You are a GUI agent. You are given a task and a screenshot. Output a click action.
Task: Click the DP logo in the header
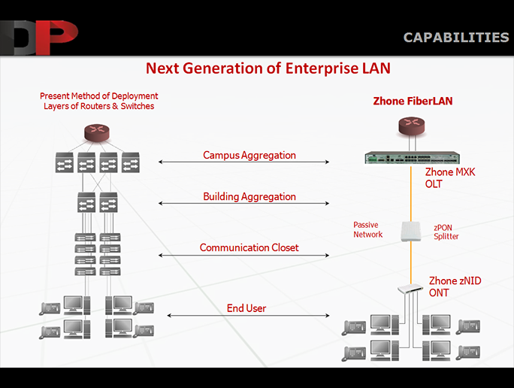39,38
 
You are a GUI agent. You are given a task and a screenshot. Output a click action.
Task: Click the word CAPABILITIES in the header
456,38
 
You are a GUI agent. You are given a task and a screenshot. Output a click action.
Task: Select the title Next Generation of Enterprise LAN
268,68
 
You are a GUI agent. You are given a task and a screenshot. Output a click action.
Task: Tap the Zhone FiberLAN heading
413,101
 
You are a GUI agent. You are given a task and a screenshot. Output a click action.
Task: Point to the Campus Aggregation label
249,155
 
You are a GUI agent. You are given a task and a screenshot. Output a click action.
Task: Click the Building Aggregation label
249,196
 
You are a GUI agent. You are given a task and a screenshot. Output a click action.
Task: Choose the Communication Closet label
249,247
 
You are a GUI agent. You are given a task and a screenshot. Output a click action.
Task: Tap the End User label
246,308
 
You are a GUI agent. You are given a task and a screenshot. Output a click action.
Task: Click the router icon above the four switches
97,133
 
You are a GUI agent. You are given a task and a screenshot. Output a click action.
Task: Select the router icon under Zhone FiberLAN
411,126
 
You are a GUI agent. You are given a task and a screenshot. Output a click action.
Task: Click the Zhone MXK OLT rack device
413,158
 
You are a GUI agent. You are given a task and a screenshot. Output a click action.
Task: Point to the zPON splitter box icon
411,232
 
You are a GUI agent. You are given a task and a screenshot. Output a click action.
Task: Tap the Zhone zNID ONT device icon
410,289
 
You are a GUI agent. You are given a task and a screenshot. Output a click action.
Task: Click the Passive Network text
367,229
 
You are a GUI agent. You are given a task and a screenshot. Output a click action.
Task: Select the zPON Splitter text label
446,232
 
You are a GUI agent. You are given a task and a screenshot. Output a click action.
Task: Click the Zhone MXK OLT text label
449,177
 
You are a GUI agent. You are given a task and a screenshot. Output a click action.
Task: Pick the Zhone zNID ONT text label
455,286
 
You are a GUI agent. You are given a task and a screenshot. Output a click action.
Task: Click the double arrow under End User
248,316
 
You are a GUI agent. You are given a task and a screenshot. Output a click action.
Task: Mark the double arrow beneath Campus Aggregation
243,162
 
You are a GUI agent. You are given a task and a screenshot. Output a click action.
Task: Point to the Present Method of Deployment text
98,95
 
